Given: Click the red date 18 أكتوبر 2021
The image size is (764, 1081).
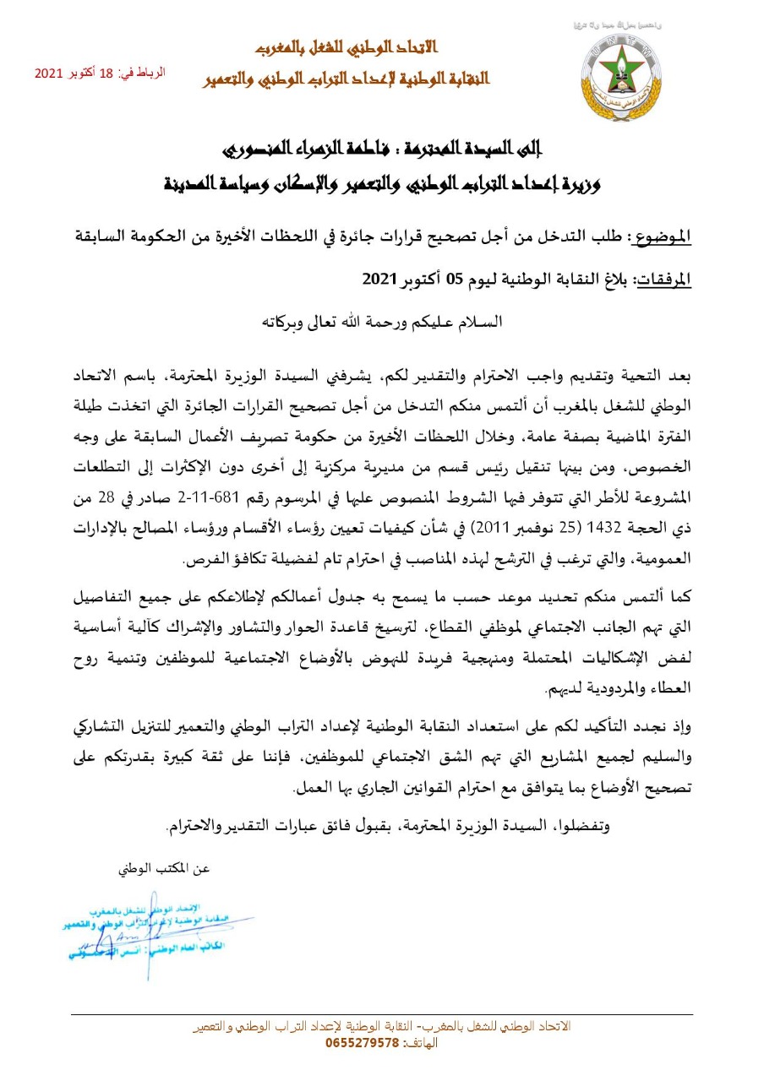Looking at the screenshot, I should coord(78,73).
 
